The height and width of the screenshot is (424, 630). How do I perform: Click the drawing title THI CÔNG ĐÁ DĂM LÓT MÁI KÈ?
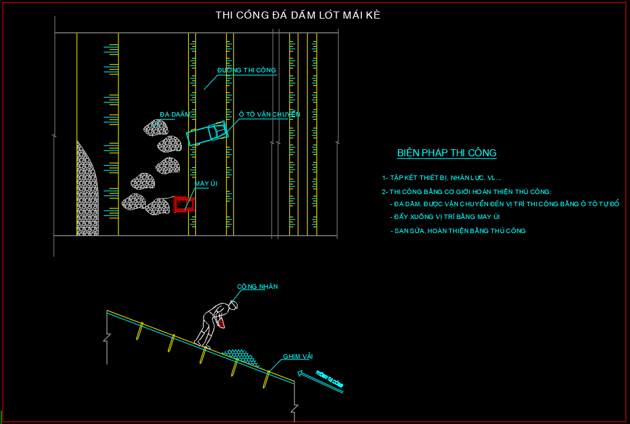tap(298, 15)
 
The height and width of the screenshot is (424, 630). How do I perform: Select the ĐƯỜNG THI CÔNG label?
tap(246, 70)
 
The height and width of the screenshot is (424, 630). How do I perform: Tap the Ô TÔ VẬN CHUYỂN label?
tap(269, 115)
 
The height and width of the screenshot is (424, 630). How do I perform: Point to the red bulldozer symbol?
tap(184, 204)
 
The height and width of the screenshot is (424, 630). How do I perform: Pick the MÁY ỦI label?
tap(206, 184)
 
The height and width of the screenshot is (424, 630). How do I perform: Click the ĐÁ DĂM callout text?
tap(175, 115)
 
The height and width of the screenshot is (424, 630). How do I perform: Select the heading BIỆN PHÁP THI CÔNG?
tap(446, 153)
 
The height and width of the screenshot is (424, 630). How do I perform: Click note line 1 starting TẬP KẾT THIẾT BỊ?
tap(442, 178)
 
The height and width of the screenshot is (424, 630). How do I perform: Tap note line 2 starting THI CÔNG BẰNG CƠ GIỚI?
tap(466, 192)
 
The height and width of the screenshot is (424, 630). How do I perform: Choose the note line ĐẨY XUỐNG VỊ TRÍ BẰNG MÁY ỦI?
tap(447, 217)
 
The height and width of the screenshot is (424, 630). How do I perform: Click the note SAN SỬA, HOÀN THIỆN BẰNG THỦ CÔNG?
tap(458, 231)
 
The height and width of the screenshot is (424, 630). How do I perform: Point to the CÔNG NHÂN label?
tap(257, 287)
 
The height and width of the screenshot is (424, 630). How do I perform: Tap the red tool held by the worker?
tap(221, 324)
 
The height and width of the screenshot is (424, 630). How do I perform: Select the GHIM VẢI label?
tap(297, 357)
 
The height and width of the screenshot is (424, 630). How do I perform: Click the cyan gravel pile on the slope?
tap(239, 357)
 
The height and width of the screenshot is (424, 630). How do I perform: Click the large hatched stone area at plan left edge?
tap(86, 192)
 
